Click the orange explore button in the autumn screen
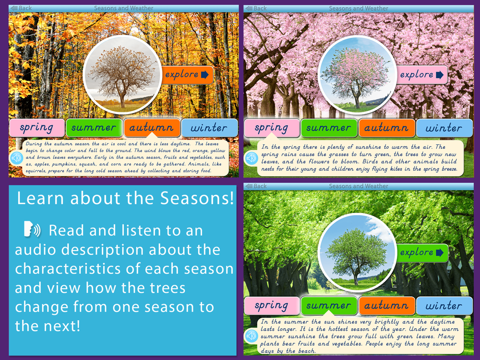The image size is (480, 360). pos(187,75)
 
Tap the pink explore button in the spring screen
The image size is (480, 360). pos(422,75)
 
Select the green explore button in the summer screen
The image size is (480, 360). pos(422,252)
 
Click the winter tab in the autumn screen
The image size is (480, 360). pos(209,128)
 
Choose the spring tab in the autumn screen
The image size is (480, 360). pos(37,128)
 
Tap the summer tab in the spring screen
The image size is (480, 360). pos(329,128)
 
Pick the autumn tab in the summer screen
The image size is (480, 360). pos(386,305)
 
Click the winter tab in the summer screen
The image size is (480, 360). pos(444,305)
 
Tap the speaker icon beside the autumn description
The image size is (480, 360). pos(16,158)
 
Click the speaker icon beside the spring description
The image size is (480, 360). pos(251,158)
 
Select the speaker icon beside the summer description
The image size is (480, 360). pos(252,336)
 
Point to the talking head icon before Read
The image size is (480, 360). pos(32,229)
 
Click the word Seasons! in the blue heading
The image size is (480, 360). pos(197,198)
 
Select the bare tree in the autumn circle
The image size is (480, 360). pos(122,76)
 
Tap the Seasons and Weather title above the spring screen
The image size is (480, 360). pos(359,8)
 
